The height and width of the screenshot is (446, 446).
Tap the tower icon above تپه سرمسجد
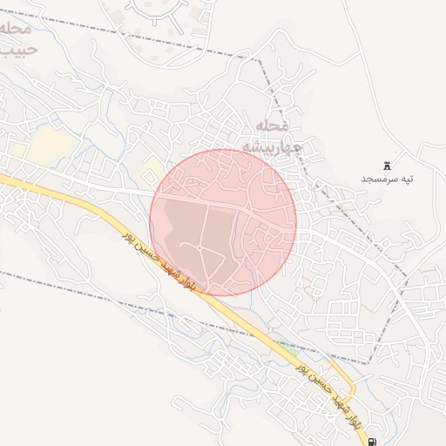point(388,165)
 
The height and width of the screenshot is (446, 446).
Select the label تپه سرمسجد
point(388,179)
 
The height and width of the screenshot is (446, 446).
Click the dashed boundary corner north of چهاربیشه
point(260,59)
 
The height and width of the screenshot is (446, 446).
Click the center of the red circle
point(223,221)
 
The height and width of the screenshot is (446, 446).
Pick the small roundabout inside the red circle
point(202,252)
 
